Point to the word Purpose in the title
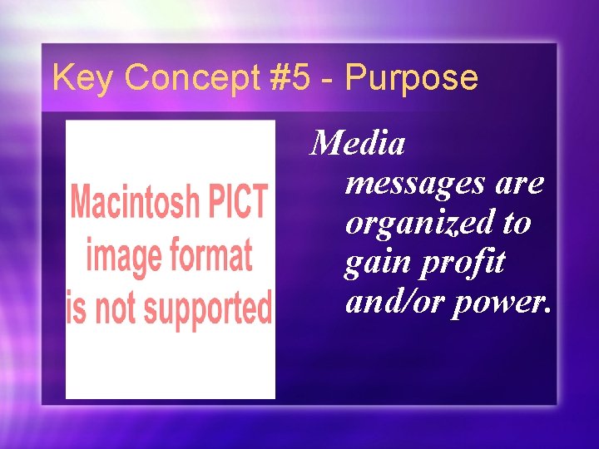click(x=412, y=78)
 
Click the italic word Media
click(x=358, y=144)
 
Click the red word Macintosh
click(x=134, y=202)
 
